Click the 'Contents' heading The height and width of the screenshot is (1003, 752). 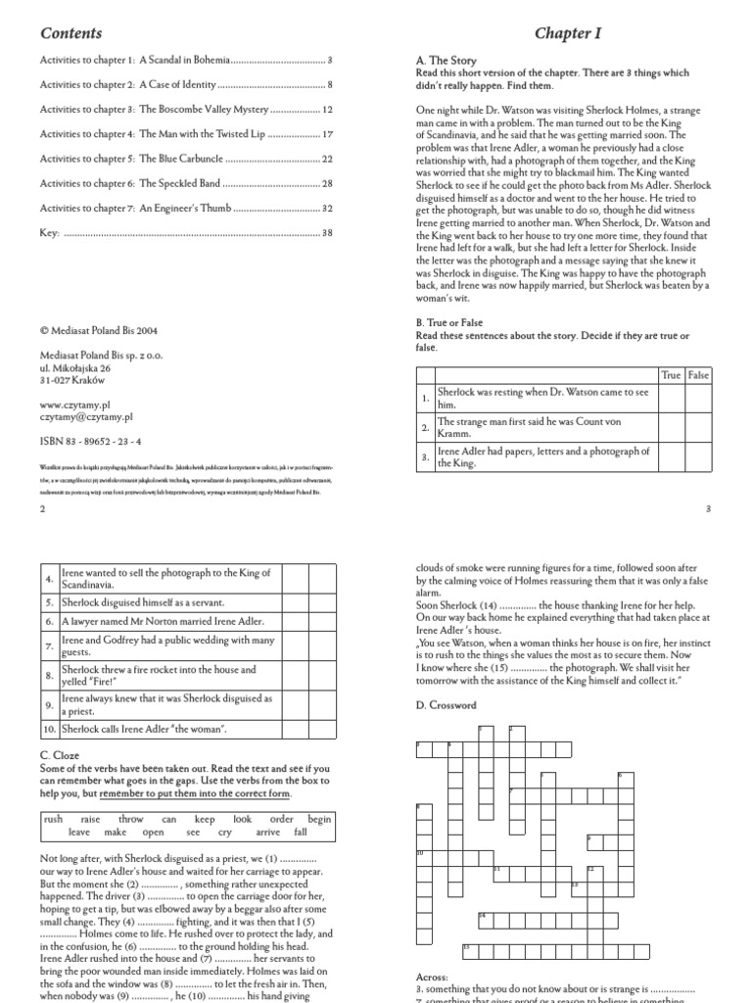[x=70, y=33]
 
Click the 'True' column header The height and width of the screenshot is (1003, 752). [x=671, y=375]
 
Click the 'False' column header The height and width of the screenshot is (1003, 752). [x=698, y=375]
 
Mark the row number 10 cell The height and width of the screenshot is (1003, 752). [x=49, y=729]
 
